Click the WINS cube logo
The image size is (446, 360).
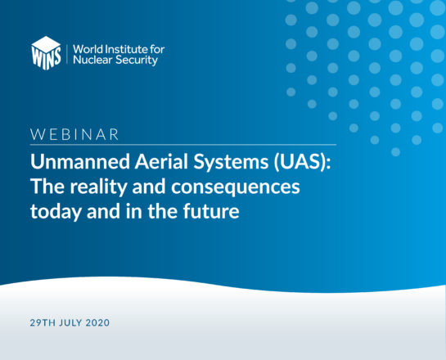pos(46,53)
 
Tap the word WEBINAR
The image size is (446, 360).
pos(74,134)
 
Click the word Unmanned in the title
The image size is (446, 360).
pos(80,161)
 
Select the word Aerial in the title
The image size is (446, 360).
pos(161,161)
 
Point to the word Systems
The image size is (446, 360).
pos(231,163)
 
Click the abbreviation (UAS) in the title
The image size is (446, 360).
pos(302,162)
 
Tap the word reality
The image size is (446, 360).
pos(98,187)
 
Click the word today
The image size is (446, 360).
pos(56,213)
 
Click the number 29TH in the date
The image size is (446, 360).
pos(43,322)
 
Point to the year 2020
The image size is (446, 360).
pos(97,322)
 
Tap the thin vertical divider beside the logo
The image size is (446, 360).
pos(67,54)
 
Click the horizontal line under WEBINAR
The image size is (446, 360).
pos(183,145)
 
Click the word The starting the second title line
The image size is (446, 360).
pos(47,187)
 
